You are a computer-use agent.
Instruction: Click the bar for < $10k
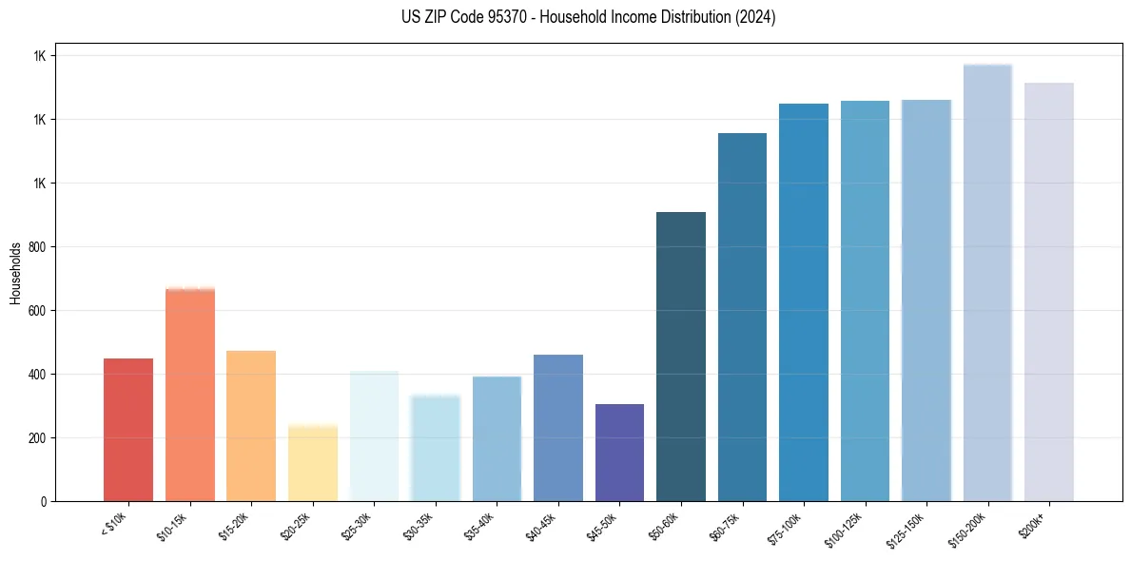128,430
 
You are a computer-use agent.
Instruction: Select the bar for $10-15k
190,395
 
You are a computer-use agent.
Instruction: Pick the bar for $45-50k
619,453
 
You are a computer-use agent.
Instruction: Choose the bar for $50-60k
681,357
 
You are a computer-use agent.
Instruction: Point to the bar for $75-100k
804,302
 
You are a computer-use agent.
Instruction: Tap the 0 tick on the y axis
44,502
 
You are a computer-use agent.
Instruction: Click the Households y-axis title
15,273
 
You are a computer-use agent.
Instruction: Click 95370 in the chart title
498,17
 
